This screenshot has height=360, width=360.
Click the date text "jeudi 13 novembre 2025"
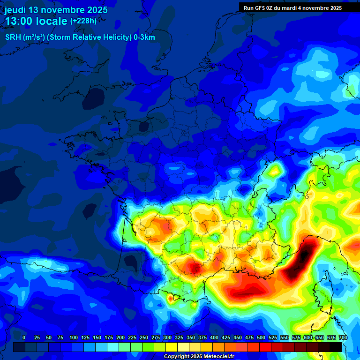(x=56, y=10)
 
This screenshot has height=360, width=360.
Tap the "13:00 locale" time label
(x=36, y=21)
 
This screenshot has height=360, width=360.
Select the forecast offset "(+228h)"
(x=83, y=21)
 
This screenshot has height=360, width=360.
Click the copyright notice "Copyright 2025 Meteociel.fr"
(x=199, y=357)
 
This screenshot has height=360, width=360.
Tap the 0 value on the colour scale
(x=24, y=337)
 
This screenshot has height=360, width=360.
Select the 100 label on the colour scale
(x=73, y=337)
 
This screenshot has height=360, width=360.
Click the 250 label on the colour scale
(x=144, y=337)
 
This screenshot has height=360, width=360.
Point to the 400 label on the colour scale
(x=214, y=337)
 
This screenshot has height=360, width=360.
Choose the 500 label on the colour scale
(x=261, y=337)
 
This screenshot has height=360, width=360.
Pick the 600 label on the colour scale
(x=308, y=337)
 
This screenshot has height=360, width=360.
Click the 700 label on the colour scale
(x=343, y=337)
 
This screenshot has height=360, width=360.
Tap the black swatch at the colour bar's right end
(x=336, y=347)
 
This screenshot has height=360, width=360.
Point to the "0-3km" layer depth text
(x=143, y=37)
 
